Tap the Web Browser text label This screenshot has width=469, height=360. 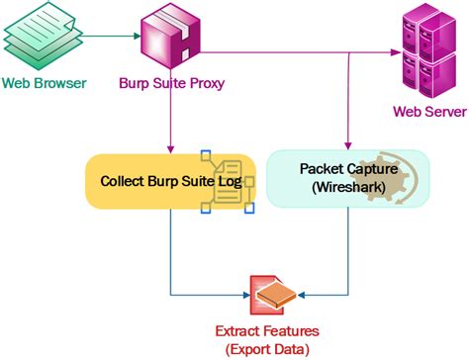coord(43,83)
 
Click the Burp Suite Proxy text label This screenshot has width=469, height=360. coord(172,84)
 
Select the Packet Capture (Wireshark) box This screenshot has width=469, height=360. coord(349,178)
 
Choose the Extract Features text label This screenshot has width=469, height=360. coord(276,331)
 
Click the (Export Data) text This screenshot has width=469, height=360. coord(276,348)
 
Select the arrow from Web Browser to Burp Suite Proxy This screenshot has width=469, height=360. coord(104,38)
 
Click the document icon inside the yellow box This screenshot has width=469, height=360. coord(226,181)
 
